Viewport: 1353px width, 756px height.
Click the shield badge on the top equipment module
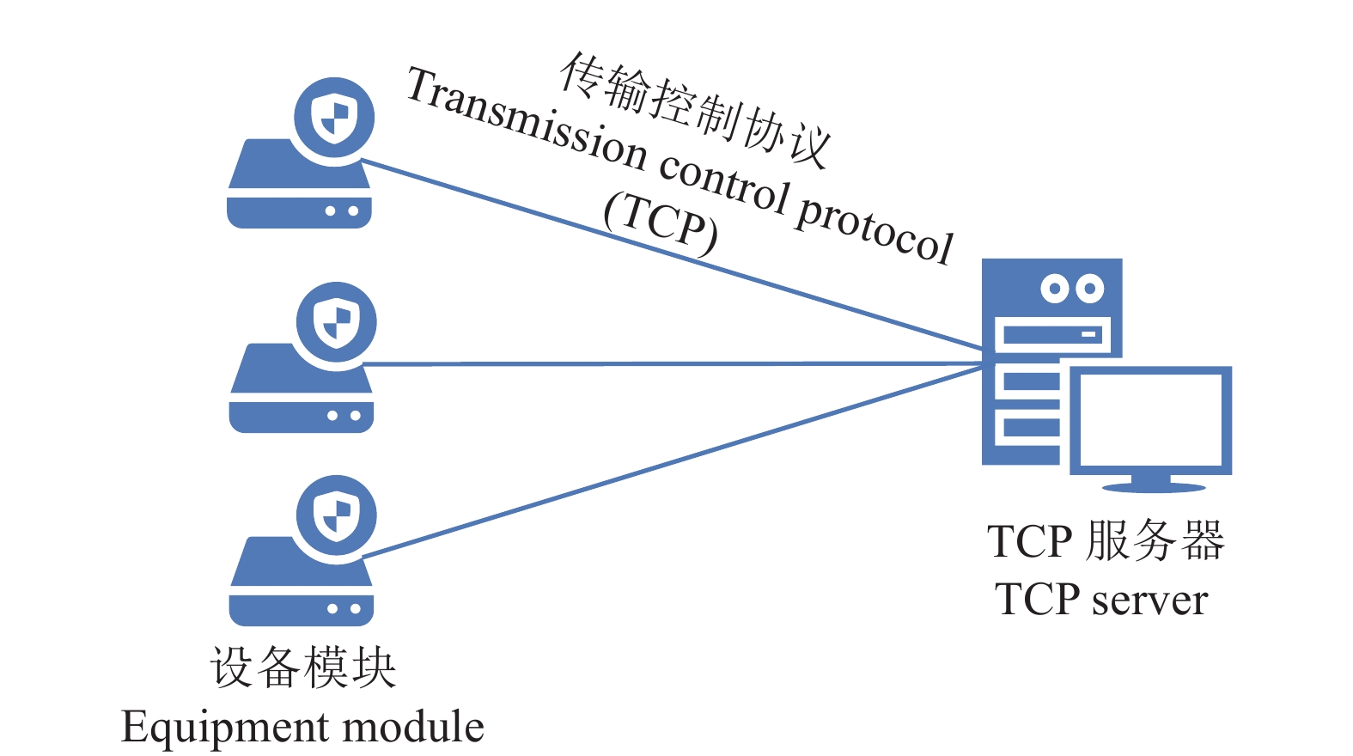pos(334,118)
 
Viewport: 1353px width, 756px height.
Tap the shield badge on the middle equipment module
pos(337,322)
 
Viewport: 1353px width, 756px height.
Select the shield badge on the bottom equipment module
pos(337,515)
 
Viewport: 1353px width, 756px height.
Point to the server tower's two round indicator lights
pos(1072,288)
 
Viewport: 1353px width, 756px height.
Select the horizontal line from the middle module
pos(670,363)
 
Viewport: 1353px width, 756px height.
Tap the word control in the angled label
pos(723,183)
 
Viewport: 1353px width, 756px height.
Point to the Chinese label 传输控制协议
pos(694,108)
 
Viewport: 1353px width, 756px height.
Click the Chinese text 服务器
pos(1155,541)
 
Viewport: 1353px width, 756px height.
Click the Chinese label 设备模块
pos(302,668)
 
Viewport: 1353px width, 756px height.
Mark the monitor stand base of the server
pos(1153,487)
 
